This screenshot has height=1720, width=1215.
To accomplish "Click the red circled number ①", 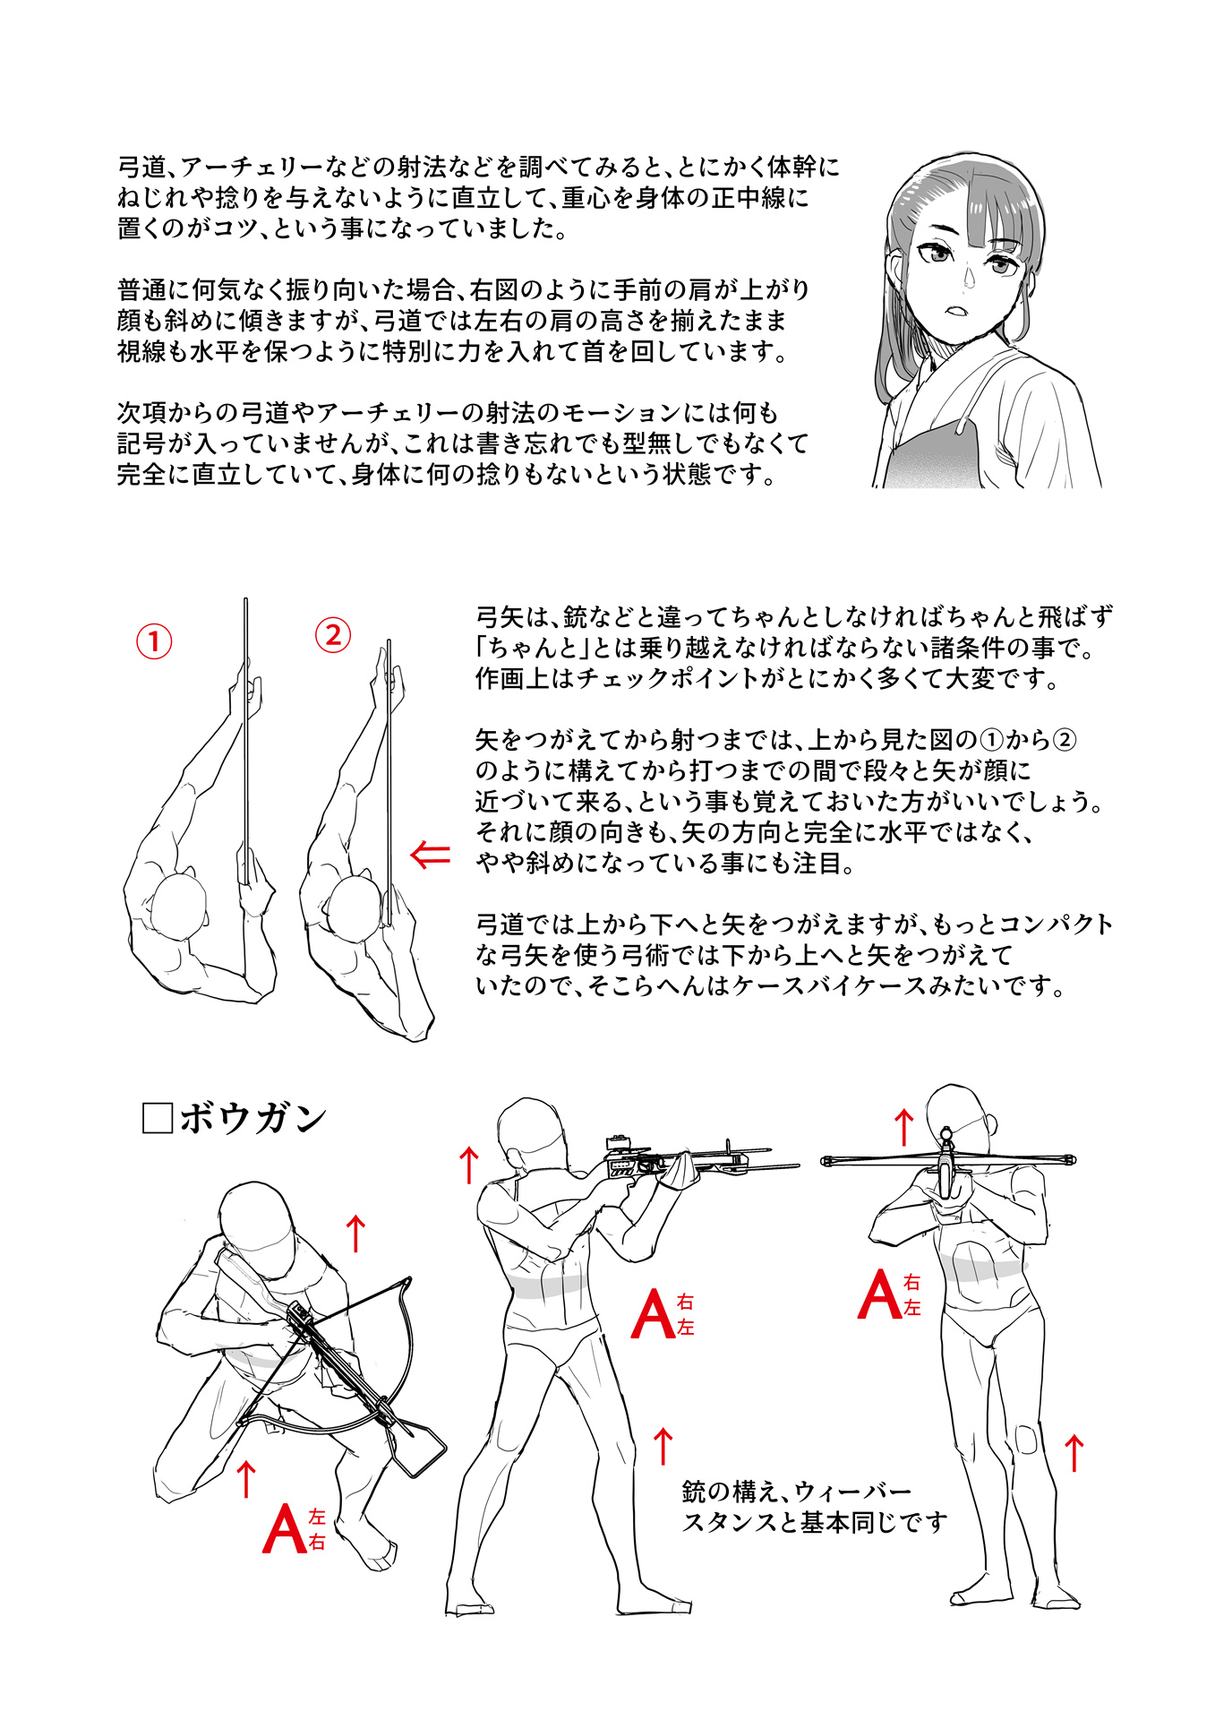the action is pyautogui.click(x=154, y=641).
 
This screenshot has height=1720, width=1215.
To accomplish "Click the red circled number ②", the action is pyautogui.click(x=333, y=635).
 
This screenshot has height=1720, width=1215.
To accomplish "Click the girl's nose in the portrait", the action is pyautogui.click(x=969, y=279).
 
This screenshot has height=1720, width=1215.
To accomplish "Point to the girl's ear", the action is pyautogui.click(x=896, y=268).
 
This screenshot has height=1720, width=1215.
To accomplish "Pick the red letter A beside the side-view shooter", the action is pyautogui.click(x=653, y=1314).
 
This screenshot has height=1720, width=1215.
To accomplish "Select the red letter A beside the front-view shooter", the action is pyautogui.click(x=879, y=1295).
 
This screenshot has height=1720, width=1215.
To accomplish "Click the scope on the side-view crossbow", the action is pyautogui.click(x=619, y=1142).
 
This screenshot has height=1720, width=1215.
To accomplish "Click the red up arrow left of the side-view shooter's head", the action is pyautogui.click(x=468, y=1165).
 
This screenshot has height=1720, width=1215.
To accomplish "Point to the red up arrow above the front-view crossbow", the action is pyautogui.click(x=904, y=1127).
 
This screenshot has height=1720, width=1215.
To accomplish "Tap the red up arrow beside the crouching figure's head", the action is pyautogui.click(x=355, y=1234).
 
